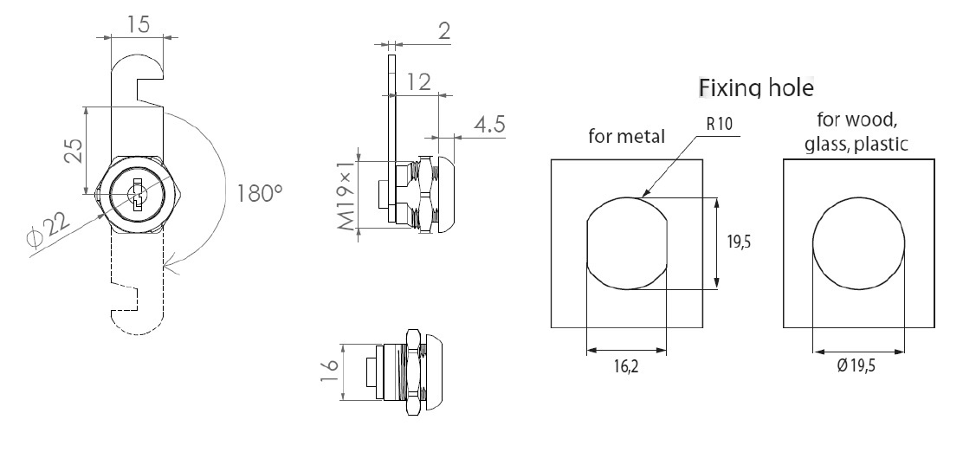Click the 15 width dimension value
point(138,23)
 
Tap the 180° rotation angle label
point(260,192)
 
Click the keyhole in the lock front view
point(137,194)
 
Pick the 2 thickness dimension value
point(444,32)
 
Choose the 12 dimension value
point(418,82)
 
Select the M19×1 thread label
point(346,195)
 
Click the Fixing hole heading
point(756,87)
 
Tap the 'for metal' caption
point(626,136)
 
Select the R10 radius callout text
point(720,123)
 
